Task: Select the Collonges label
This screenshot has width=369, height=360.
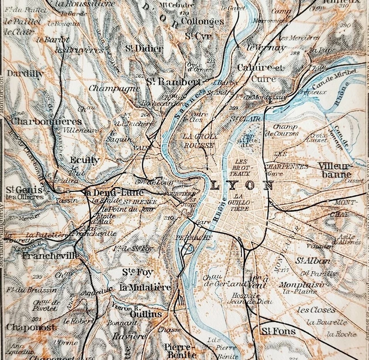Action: coord(202,21)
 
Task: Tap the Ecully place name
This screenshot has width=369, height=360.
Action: coord(85,160)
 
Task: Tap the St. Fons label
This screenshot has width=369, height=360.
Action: coord(278,331)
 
